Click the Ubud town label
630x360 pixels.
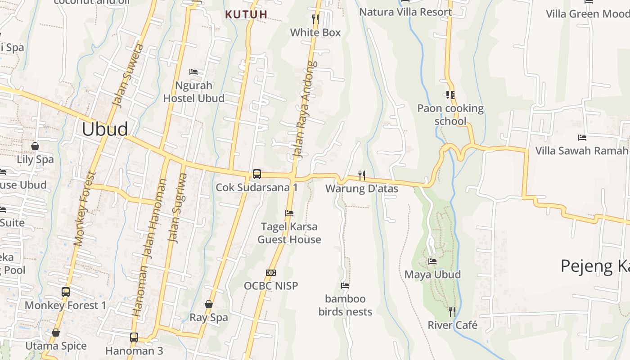[x=105, y=129]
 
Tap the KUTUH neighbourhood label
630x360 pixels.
[x=246, y=14]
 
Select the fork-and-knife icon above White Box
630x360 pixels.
[x=315, y=19]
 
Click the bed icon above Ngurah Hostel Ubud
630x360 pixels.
[x=193, y=72]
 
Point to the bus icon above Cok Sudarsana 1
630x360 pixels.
[x=256, y=174]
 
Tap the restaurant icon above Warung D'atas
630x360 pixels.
[x=361, y=175]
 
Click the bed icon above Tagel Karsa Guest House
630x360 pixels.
[x=289, y=213]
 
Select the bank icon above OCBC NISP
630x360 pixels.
[x=271, y=273]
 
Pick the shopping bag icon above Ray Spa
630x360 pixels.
[x=209, y=305]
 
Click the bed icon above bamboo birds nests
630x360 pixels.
[x=345, y=286]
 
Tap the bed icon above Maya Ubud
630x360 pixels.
[x=432, y=261]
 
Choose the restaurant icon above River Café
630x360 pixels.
[x=452, y=311]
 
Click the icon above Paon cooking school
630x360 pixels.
[x=450, y=95]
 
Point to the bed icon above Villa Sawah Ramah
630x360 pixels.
[x=582, y=137]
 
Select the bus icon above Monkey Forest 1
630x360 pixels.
[x=66, y=292]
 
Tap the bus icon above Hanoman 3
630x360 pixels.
[x=134, y=337]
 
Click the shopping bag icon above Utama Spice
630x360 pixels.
[x=56, y=333]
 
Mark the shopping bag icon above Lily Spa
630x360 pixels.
[x=35, y=146]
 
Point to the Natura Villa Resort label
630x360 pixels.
[x=405, y=12]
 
